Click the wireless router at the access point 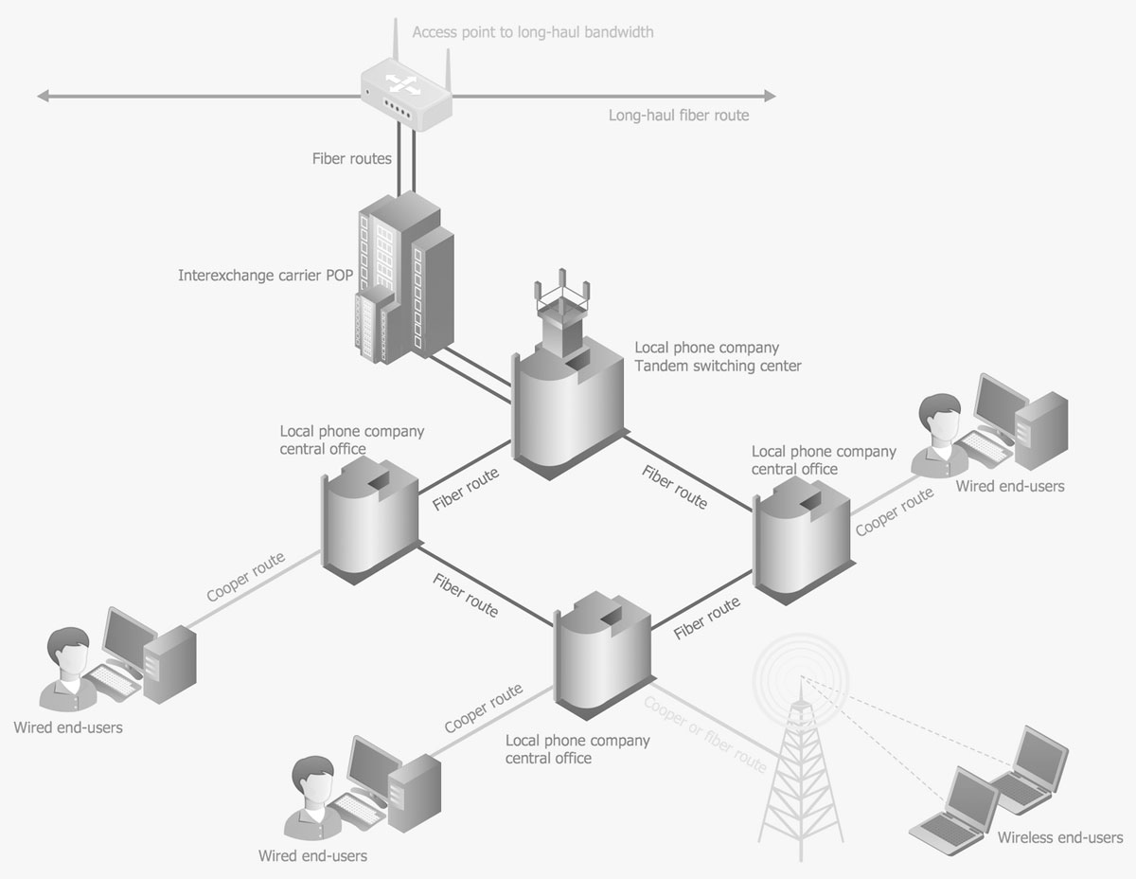tap(405, 93)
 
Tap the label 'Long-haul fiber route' tap(678, 116)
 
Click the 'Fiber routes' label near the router tap(351, 159)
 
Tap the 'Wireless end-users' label tap(1059, 837)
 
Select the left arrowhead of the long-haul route tap(44, 96)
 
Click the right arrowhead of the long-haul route tap(770, 96)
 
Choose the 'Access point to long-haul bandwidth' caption tap(533, 32)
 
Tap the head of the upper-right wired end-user tap(941, 418)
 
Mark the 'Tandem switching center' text tap(718, 366)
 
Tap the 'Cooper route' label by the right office tap(894, 512)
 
